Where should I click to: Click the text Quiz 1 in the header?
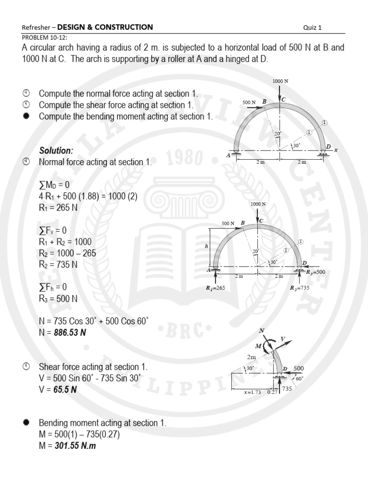[x=312, y=27]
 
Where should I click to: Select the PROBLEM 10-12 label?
[x=45, y=37]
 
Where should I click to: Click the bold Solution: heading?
[x=56, y=151]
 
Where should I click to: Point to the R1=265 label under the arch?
[x=215, y=288]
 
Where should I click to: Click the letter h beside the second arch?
[x=207, y=246]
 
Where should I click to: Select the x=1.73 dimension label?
[x=252, y=392]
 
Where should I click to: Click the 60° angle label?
[x=300, y=378]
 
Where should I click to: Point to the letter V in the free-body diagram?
[x=283, y=339]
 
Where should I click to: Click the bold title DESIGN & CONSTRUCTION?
[x=105, y=27]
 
